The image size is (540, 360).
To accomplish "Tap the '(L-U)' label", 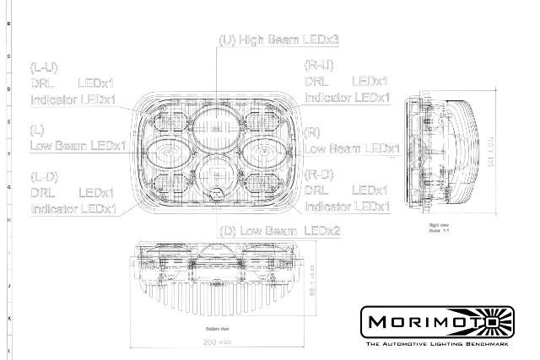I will point(44,66).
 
